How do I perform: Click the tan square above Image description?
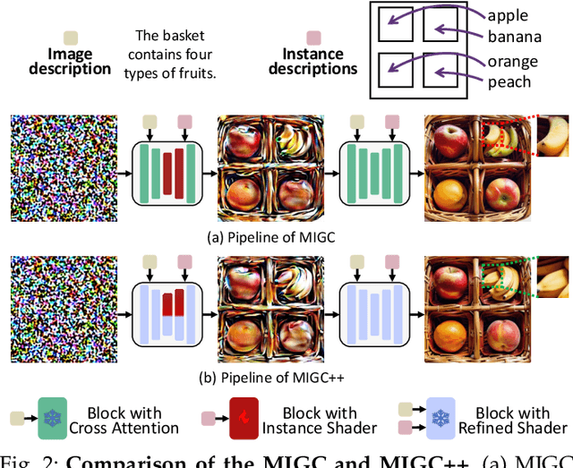coord(71,37)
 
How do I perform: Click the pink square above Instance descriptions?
coord(313,38)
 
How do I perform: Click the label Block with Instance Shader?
coord(320,421)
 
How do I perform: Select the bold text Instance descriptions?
coord(314,62)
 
